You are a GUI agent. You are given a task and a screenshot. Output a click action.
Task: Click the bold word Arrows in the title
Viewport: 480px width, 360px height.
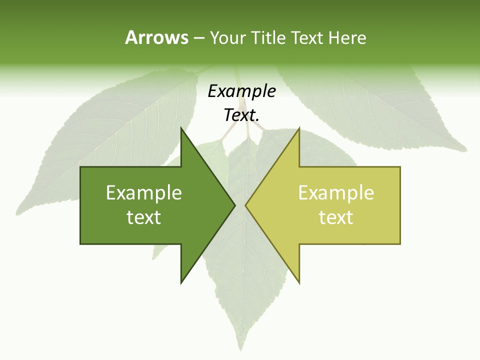[156, 38]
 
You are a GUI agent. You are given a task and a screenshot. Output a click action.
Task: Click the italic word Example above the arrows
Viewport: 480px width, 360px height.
[241, 91]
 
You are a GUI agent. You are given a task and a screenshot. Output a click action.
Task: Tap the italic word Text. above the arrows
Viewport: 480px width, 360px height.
[241, 115]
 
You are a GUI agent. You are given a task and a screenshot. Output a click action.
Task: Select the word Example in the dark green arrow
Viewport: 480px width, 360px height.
[144, 193]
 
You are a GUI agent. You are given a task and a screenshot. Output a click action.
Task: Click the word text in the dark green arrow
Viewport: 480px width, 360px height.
[144, 217]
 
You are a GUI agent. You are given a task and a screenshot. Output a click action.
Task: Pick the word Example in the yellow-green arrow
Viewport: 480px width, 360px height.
[336, 193]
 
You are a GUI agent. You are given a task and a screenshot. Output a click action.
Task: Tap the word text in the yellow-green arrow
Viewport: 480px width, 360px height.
[336, 217]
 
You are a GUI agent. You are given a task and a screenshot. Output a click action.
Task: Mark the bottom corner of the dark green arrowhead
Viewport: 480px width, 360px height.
[181, 282]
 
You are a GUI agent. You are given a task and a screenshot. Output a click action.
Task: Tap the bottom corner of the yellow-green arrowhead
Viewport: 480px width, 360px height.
[298, 282]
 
